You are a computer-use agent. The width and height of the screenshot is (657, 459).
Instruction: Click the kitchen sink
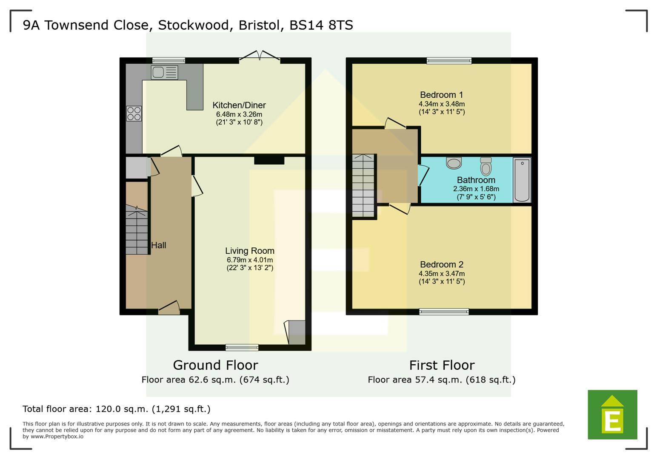[x=164, y=72]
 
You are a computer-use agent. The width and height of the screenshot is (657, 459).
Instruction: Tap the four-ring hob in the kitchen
[x=134, y=113]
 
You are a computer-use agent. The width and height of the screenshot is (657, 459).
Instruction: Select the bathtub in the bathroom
[x=522, y=180]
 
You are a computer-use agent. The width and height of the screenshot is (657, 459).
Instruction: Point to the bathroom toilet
[x=486, y=166]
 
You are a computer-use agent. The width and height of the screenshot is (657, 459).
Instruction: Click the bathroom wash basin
[x=454, y=162]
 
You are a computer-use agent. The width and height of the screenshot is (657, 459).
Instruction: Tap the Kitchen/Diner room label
[x=239, y=105]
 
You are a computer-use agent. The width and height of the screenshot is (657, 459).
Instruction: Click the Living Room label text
[x=249, y=251]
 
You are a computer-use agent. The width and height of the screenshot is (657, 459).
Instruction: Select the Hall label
[x=158, y=245]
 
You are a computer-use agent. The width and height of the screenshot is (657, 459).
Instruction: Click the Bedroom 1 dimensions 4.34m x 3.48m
[x=441, y=104]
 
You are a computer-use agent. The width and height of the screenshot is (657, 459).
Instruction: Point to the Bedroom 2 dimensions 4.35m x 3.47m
[x=441, y=274]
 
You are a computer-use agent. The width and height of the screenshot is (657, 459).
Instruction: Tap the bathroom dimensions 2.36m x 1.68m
[x=476, y=189]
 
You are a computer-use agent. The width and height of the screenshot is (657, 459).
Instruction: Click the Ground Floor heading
[x=215, y=365]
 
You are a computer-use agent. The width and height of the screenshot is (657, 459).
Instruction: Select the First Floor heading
[x=441, y=365]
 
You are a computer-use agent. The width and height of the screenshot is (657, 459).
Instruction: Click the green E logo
[x=612, y=414]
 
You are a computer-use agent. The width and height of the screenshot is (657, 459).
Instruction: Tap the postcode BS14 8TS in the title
[x=321, y=25]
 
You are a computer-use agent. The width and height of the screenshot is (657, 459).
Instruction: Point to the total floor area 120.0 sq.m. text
[x=116, y=409]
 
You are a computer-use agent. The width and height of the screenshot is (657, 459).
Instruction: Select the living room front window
[x=242, y=347]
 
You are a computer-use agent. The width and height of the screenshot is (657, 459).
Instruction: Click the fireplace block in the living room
[x=269, y=160]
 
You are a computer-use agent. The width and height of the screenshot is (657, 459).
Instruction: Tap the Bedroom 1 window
[x=449, y=60]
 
